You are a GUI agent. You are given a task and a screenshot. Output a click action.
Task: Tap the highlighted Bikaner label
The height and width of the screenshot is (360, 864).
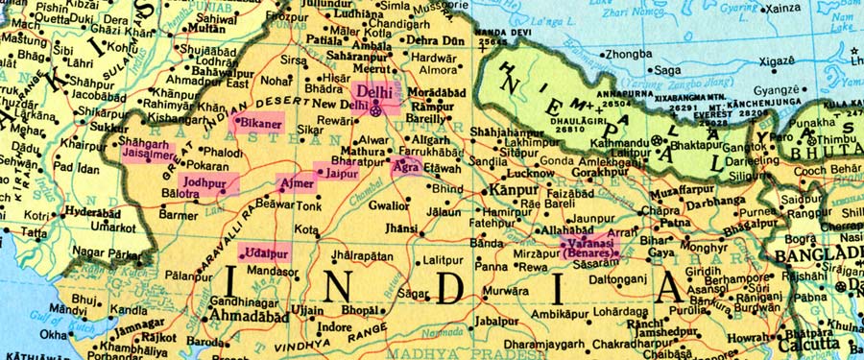[260, 124]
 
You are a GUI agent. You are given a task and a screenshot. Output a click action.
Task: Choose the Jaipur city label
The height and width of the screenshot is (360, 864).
[342, 174]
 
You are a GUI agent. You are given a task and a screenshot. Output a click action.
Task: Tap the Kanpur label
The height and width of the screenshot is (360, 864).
[513, 190]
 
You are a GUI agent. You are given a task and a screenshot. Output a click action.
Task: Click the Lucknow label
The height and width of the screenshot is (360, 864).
[529, 174]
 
